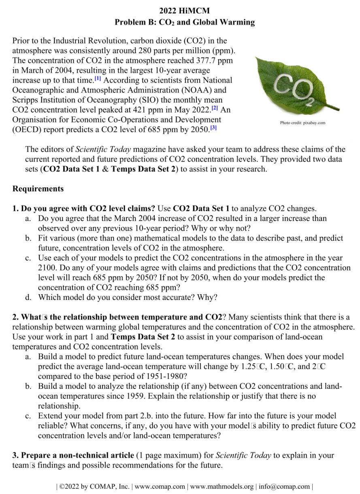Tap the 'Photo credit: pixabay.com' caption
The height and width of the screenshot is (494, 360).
302,123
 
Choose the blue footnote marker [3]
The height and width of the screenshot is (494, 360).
213,128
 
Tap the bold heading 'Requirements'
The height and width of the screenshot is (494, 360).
38,189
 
